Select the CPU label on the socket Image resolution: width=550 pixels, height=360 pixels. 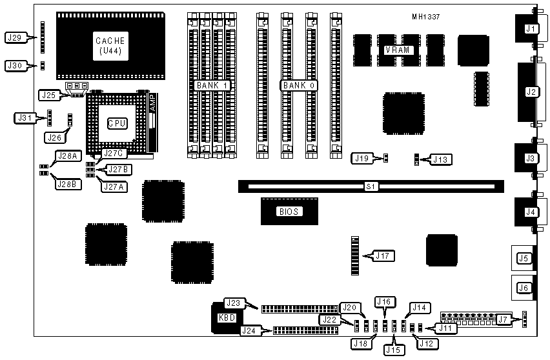pos(117,123)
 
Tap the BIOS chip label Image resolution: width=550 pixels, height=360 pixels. pos(289,211)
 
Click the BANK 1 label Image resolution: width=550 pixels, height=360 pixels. pos(213,85)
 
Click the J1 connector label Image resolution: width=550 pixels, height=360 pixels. pos(530,28)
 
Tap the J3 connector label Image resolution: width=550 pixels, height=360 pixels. pos(530,158)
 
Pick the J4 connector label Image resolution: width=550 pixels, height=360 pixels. pos(530,212)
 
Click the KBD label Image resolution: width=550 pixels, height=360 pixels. pos(227,317)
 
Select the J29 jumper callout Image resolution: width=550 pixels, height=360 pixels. pos(16,37)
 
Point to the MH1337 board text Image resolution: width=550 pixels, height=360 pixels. pos(426,17)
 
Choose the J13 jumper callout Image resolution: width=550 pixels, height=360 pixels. pos(441,159)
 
